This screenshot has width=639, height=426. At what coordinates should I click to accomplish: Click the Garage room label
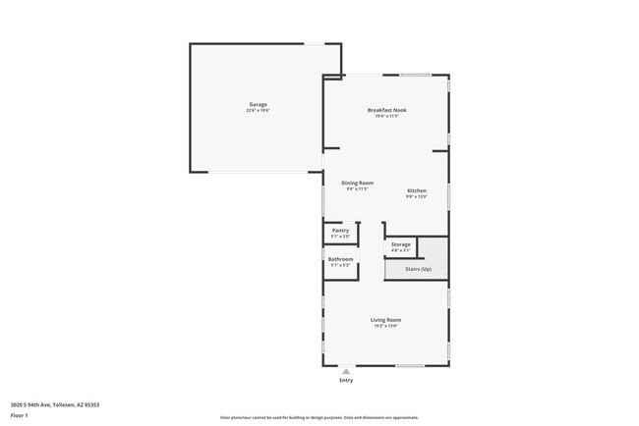click(258, 105)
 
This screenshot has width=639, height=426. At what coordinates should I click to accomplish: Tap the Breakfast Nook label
click(386, 110)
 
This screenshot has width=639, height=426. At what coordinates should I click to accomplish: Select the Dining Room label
click(357, 183)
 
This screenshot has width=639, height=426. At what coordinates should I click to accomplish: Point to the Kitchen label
click(417, 189)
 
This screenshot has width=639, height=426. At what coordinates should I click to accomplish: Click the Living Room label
click(385, 320)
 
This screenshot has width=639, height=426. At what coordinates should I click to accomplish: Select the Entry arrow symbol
click(346, 372)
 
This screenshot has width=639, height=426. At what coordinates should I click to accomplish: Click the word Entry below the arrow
click(346, 381)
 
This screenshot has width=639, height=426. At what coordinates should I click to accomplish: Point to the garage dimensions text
click(258, 111)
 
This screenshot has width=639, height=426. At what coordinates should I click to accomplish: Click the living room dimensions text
click(385, 326)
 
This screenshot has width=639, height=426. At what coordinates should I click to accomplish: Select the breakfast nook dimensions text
click(386, 116)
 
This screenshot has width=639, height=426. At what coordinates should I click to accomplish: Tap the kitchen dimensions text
click(417, 196)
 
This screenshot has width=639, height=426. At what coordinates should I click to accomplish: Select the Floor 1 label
click(20, 415)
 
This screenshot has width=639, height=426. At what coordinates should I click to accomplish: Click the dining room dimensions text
click(357, 189)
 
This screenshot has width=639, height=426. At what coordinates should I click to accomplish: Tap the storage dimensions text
click(400, 250)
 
